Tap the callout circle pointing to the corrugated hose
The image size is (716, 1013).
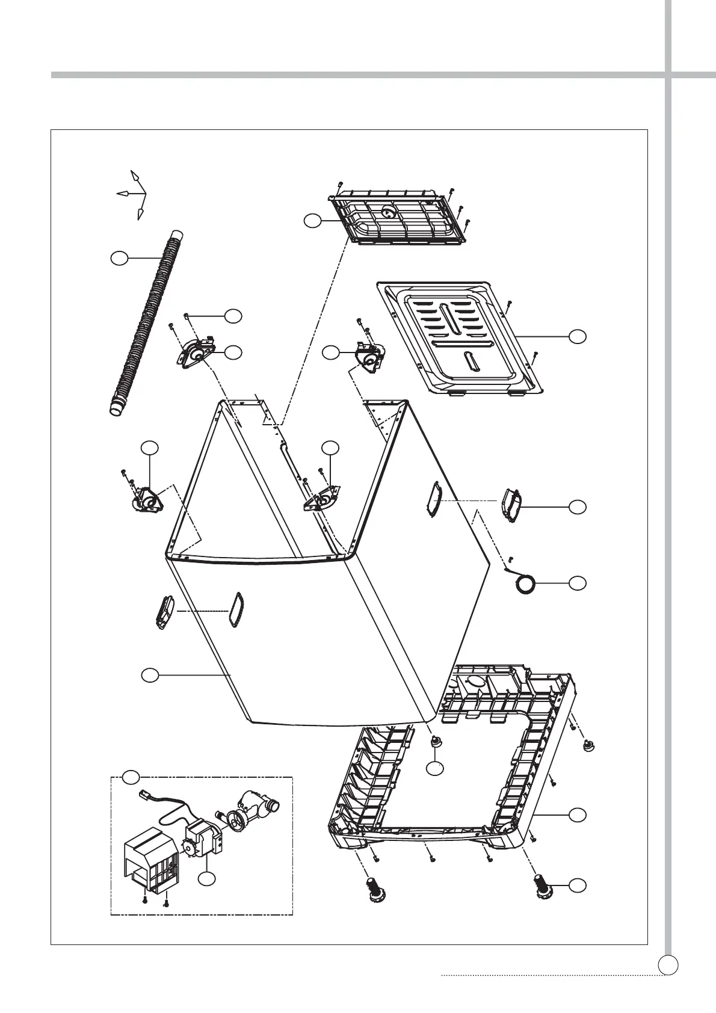click(x=120, y=258)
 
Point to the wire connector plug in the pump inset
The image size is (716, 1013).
click(x=145, y=794)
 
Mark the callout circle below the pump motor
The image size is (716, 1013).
click(x=208, y=879)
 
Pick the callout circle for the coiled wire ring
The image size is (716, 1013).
click(x=578, y=582)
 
